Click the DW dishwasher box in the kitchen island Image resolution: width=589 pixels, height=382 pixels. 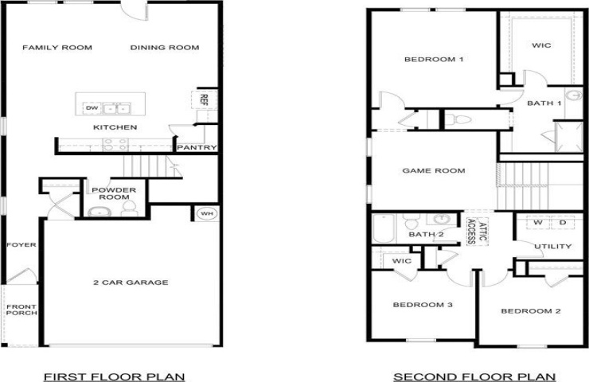pos(92,108)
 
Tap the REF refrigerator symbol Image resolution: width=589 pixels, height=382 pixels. pos(204,99)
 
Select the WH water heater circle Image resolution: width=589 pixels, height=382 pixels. pos(207,214)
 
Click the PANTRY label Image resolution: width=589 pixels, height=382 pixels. pos(197,147)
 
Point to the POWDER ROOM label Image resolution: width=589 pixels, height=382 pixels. pos(114,193)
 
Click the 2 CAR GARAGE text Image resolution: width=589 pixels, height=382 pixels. pos(131,283)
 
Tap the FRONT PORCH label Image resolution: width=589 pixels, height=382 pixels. pos(21,310)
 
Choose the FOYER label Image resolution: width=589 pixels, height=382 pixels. pos(21,245)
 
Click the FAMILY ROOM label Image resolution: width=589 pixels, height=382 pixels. pos(57,48)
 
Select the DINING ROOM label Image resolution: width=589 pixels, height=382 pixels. pos(165,48)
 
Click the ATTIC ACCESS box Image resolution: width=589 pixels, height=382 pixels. pos(478,232)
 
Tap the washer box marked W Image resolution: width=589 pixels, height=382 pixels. pos(538,222)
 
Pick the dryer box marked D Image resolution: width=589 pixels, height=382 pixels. pos(563,222)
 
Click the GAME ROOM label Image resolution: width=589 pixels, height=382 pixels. pos(434,170)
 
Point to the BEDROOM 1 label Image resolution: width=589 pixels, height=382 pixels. pos(434,60)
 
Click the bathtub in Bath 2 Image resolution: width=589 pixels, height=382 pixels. pos(384,228)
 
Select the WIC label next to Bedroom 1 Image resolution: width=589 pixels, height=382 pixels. pos(542,45)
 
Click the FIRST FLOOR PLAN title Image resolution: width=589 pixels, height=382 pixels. pos(115,376)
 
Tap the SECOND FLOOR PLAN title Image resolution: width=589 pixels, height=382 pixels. pos(474,376)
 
